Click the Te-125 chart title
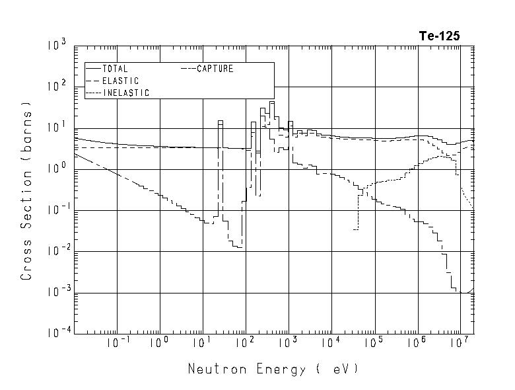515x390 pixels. [x=438, y=36]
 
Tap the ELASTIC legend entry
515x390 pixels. [x=120, y=81]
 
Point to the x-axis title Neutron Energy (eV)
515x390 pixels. [x=273, y=369]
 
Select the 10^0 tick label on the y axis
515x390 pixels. [x=57, y=170]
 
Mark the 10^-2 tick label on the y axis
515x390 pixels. [x=55, y=252]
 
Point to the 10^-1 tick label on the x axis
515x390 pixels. [x=115, y=344]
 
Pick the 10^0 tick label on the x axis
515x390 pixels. [x=159, y=344]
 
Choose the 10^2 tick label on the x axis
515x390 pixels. [x=244, y=344]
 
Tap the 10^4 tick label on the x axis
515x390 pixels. [x=329, y=344]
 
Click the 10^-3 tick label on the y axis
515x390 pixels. [x=55, y=293]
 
